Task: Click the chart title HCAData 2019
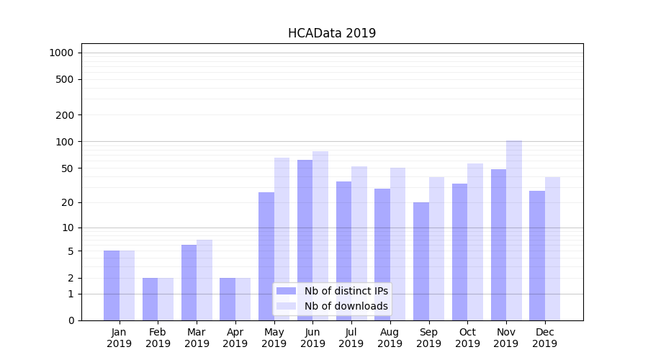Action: tap(331, 33)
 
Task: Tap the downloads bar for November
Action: tap(514, 230)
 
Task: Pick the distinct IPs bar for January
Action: tap(112, 285)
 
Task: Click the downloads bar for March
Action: tap(204, 280)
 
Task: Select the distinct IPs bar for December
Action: tap(537, 256)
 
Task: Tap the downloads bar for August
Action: tap(398, 244)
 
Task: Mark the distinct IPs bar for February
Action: tap(150, 299)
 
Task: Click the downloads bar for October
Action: tap(475, 242)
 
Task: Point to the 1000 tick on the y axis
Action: tap(61, 53)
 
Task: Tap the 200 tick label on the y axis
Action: tap(65, 115)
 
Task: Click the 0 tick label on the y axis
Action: tap(71, 320)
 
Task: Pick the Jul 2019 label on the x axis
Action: tap(351, 338)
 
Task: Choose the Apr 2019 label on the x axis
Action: tap(235, 338)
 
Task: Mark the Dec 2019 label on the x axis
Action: tap(544, 338)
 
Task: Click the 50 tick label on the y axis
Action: tap(68, 168)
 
